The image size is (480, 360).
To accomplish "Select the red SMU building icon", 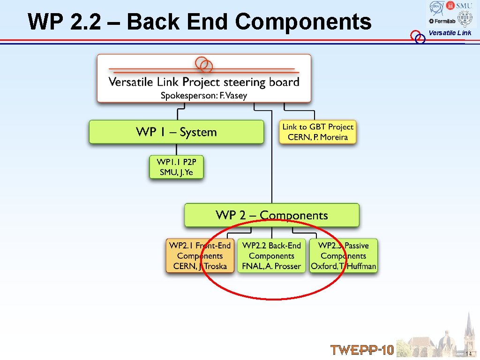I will [451, 5].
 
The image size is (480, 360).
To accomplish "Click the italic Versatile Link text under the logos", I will [450, 33].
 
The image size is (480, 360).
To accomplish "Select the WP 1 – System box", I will [176, 132].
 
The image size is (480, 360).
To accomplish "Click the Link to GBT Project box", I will [318, 132].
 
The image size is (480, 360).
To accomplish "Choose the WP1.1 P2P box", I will [176, 167].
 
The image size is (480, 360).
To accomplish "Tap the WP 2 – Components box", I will [271, 215].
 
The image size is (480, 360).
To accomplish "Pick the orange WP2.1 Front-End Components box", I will [200, 256].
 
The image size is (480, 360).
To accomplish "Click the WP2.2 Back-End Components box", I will [271, 256].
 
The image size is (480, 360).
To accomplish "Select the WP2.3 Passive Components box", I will [343, 256].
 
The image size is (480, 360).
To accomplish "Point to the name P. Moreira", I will [330, 137].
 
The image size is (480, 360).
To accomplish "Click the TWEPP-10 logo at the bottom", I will [362, 350].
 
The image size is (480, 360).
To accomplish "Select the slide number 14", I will [468, 353].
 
